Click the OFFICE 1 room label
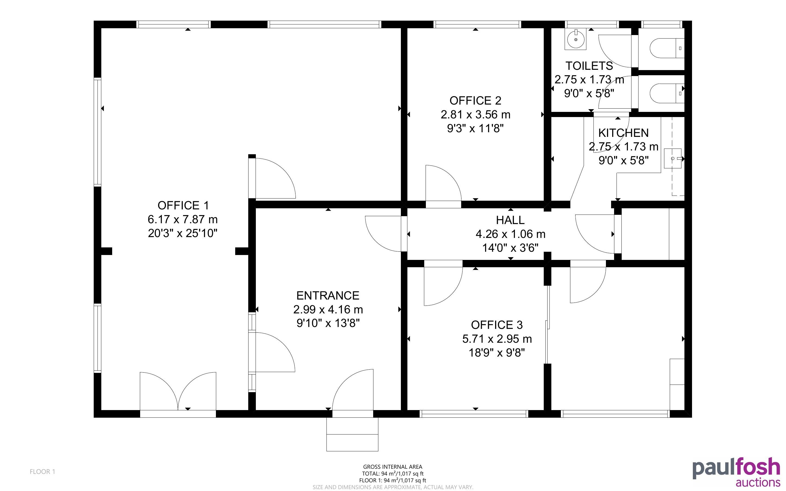pos(183,206)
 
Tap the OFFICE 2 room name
pos(475,101)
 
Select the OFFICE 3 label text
pos(497,325)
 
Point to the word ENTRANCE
pos(328,295)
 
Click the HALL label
pos(510,220)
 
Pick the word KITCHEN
pos(623,133)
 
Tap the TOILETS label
pos(589,66)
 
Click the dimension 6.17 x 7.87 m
pos(183,219)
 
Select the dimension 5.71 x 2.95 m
pos(497,339)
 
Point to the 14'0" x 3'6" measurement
pos(510,248)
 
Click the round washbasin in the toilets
pos(576,39)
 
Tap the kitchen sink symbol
pos(672,159)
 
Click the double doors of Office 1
pos(178,393)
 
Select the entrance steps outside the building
pos(352,434)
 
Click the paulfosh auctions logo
pos(736,472)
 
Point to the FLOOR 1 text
pos(43,471)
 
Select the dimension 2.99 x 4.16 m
pos(328,310)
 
